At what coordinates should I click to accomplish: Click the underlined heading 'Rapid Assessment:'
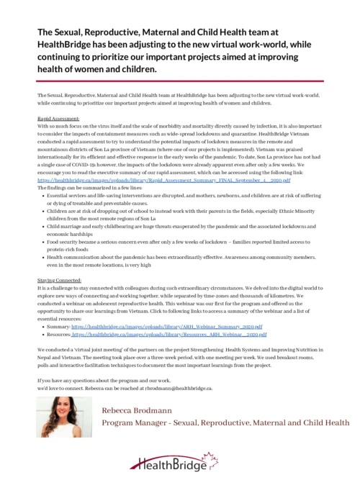(58, 116)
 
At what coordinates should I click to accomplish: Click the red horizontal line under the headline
(179, 82)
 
